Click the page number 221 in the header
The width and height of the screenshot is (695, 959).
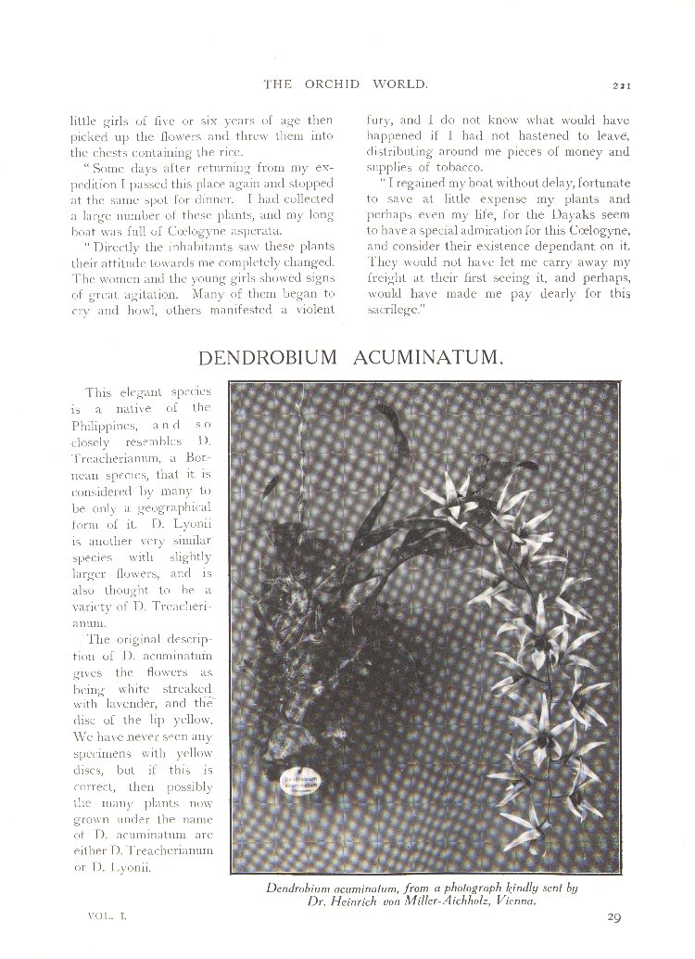[x=621, y=86]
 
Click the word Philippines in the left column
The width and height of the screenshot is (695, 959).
[x=106, y=424]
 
